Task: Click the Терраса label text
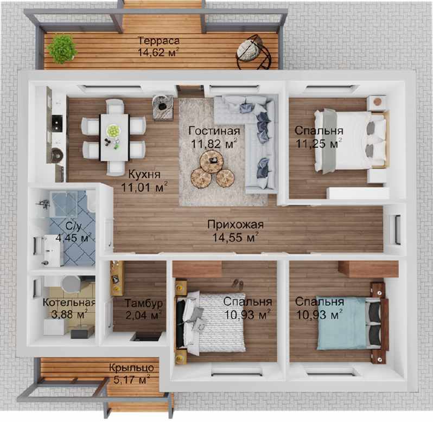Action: pos(159,41)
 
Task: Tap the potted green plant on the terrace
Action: pos(62,49)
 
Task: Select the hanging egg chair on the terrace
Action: pos(253,53)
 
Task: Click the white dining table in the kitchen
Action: pos(114,137)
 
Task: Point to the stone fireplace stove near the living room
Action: pos(163,107)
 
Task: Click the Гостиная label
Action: pos(214,131)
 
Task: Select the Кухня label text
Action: pos(144,175)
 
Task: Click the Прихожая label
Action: pos(235,225)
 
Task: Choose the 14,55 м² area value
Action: pos(235,237)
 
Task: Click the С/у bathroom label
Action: pos(74,226)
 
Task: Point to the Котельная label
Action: pos(69,303)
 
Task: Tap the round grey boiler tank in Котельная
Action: pos(71,284)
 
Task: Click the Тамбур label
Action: pos(144,303)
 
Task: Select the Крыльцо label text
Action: pos(131,368)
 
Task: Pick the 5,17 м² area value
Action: pos(132,380)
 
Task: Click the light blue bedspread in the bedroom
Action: pos(342,323)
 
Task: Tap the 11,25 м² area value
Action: pos(319,144)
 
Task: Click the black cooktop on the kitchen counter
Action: pos(57,123)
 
